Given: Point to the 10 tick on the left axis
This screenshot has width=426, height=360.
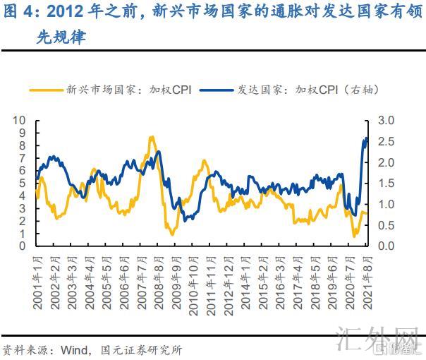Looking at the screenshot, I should point(20,120).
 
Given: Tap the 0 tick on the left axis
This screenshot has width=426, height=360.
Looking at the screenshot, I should point(23,246).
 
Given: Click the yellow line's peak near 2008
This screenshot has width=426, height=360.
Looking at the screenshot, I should point(152,137).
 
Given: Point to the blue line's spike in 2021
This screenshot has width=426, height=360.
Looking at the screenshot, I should point(366,139).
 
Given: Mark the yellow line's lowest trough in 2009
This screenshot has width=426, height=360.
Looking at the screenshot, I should point(173,234).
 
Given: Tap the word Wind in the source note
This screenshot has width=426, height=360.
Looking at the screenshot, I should point(73,348).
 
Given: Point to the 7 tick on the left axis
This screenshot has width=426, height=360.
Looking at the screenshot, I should point(23,158).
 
